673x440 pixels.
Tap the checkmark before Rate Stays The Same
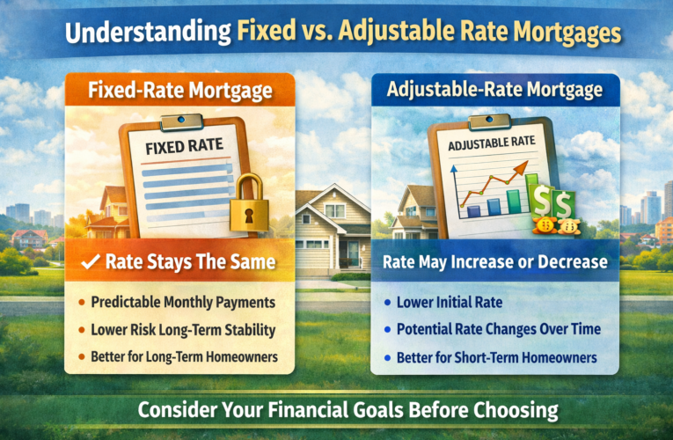[88, 262]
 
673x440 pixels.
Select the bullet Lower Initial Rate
[444, 303]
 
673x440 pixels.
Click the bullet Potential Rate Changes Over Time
[498, 329]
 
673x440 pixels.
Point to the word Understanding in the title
[141, 34]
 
